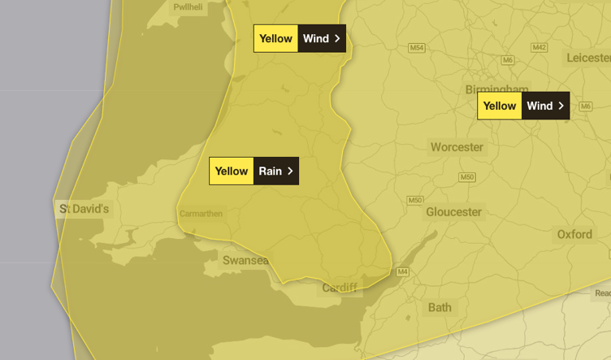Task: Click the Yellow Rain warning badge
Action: tap(253, 171)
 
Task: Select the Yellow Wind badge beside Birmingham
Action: tap(523, 106)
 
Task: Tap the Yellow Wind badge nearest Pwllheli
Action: tap(300, 38)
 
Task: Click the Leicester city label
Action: tap(589, 58)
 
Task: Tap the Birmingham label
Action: tap(496, 89)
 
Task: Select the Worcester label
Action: tap(457, 147)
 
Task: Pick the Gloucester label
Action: tap(453, 212)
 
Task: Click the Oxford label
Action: tap(574, 234)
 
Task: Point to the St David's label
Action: tap(84, 210)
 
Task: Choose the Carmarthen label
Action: tap(201, 214)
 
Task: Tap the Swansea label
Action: tap(245, 260)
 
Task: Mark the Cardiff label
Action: tap(339, 288)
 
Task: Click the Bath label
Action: tap(440, 307)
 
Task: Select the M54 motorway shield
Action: tap(417, 48)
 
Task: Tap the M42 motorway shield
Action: tap(539, 48)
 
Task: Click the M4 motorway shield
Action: tap(401, 271)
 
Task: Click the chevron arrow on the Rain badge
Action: tap(290, 171)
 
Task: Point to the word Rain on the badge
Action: tap(270, 171)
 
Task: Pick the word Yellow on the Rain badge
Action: tap(232, 171)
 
